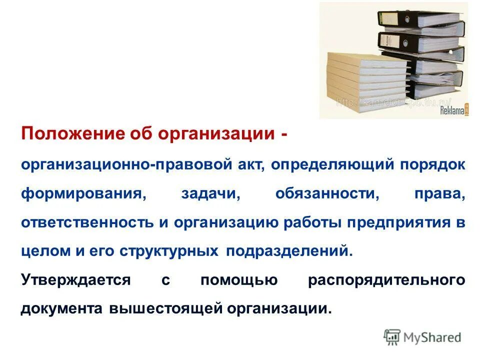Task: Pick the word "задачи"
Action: tap(210, 194)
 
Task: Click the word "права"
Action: tap(440, 194)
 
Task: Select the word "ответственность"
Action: tap(88, 223)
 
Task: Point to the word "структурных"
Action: tap(169, 251)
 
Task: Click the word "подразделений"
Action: tap(289, 251)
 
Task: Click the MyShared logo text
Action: tap(433, 337)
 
